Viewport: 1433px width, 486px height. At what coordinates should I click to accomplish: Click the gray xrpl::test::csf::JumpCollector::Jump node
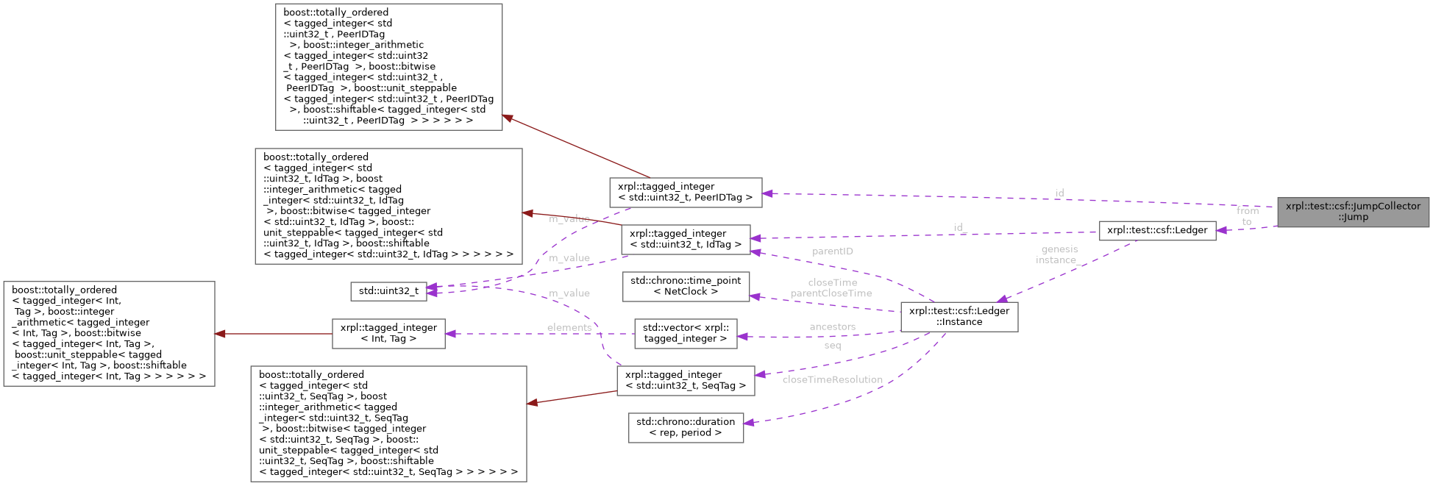1353,212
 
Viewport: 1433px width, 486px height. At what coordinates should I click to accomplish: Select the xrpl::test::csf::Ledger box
1156,230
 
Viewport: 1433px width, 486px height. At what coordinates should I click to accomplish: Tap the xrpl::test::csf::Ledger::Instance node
959,316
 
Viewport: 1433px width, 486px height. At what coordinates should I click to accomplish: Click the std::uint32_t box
388,291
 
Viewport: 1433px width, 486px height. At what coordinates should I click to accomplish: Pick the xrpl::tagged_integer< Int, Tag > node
388,333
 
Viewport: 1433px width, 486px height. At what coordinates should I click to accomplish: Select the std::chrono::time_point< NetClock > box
686,286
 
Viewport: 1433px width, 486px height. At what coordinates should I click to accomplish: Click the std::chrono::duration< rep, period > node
686,427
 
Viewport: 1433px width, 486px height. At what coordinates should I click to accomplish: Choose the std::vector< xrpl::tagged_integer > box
686,333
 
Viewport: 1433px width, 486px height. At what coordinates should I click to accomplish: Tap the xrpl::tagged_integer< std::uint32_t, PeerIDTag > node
685,192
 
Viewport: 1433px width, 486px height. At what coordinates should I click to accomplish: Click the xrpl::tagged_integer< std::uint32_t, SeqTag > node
685,380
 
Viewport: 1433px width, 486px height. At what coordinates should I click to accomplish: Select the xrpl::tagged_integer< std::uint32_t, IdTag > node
685,239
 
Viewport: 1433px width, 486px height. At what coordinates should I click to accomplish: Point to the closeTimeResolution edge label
832,380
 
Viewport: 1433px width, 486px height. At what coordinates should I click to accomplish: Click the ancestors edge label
832,327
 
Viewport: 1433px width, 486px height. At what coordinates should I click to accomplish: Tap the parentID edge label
832,251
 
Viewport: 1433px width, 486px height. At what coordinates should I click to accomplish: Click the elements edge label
569,328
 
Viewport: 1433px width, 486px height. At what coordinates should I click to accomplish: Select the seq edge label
832,346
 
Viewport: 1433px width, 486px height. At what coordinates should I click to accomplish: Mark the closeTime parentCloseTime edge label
832,288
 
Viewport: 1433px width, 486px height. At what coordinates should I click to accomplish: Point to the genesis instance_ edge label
1058,254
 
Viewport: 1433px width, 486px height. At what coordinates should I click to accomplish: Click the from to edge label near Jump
1247,216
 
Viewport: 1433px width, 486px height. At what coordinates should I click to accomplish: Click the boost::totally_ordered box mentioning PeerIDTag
388,67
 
